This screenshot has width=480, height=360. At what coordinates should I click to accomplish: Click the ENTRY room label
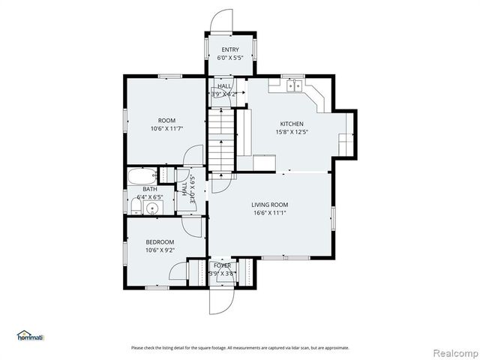(229, 49)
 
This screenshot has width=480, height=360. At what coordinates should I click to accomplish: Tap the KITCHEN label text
(292, 124)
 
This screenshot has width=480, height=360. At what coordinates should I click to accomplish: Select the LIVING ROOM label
(269, 205)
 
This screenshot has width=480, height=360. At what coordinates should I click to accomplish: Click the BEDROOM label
(160, 241)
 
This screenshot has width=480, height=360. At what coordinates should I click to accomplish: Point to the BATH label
(150, 189)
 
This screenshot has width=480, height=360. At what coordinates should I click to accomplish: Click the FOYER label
(223, 265)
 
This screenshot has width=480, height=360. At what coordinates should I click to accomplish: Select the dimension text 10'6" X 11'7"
(166, 129)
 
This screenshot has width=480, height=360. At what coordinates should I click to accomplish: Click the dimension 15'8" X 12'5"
(292, 132)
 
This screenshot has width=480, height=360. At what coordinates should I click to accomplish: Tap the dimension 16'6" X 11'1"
(269, 213)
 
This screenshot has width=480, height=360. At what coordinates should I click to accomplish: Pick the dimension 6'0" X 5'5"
(229, 58)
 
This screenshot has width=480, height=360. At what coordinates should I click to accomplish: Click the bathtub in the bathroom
(141, 177)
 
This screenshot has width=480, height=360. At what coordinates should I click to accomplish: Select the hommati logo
(30, 336)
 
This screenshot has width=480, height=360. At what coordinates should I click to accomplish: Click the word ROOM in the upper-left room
(166, 121)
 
